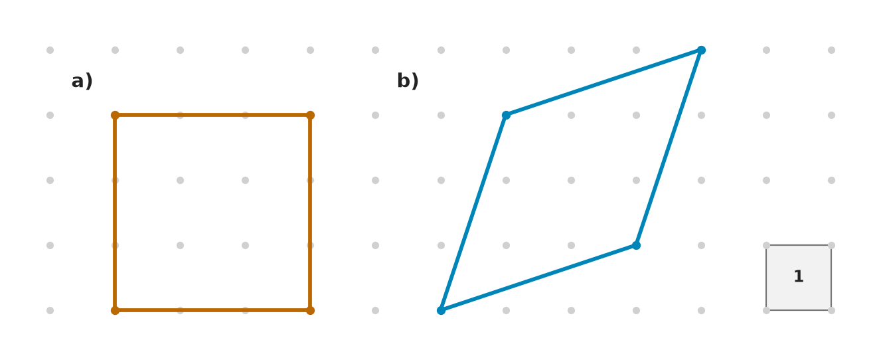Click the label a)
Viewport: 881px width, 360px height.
82,81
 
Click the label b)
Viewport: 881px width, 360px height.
408,81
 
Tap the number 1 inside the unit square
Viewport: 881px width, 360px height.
799,276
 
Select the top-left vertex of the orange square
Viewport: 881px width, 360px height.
115,116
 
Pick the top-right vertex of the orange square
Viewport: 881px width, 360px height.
310,116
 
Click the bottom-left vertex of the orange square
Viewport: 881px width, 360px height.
115,310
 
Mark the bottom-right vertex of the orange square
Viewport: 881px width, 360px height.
310,310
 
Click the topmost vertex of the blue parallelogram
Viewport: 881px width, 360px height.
701,50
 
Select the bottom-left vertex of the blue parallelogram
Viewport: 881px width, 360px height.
441,310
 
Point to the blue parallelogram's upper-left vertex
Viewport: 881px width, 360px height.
506,116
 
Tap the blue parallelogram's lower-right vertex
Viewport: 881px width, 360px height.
637,246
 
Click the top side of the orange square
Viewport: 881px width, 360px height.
212,116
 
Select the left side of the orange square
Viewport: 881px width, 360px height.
115,213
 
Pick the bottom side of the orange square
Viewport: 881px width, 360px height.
212,310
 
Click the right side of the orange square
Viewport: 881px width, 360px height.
310,213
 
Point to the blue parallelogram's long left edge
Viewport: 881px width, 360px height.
473,213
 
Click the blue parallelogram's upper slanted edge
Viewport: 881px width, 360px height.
603,82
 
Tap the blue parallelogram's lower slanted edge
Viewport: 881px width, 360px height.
539,278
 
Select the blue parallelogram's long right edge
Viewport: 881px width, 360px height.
669,148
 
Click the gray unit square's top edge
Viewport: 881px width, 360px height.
799,246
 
